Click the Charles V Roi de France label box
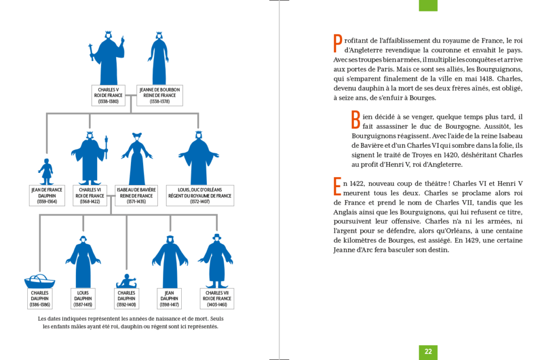108,95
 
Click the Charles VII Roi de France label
217,298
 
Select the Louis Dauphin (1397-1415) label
83,298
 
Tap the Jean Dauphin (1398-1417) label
170,298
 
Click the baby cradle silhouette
40,281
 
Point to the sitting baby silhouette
127,281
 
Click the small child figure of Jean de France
46,171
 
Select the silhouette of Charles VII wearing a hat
217,262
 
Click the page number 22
428,352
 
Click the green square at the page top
428,5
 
